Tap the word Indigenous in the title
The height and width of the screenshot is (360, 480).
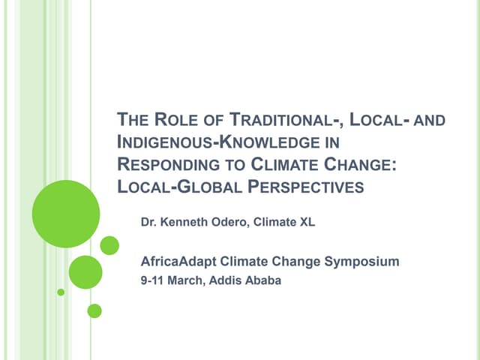[161, 142]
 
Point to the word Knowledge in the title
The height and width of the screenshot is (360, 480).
[260, 142]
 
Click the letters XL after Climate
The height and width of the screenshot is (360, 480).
[308, 221]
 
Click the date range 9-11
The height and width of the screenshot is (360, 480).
[154, 283]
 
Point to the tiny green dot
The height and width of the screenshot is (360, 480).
[61, 292]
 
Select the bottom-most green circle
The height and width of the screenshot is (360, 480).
[94, 310]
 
